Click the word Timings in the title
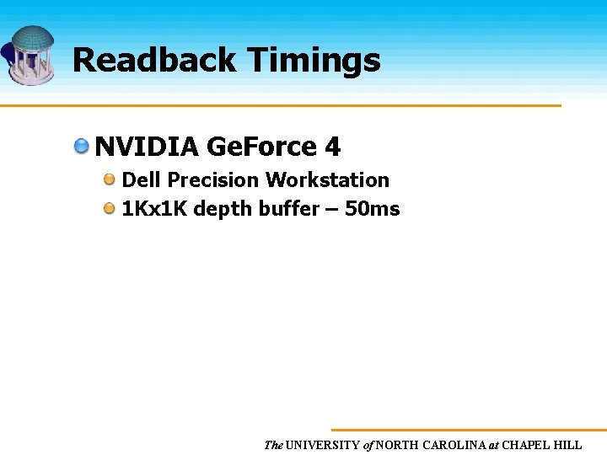pos(314,61)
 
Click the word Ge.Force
pos(261,147)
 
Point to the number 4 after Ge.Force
pos(332,147)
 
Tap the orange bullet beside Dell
pos(110,179)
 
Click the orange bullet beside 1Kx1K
pos(110,208)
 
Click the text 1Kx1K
pos(154,209)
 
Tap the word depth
pos(219,209)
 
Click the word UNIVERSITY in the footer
pos(323,445)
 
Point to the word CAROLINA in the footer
pos(451,445)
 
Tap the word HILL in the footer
pos(567,445)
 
